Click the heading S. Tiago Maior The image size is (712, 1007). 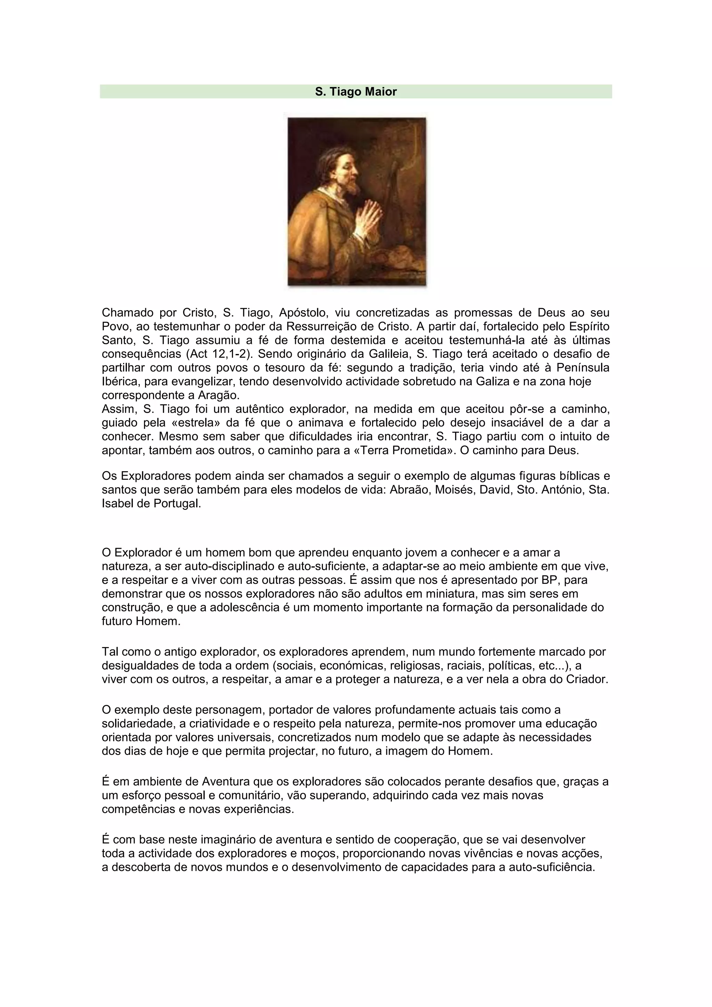coord(356,92)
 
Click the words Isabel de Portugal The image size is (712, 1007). coord(151,503)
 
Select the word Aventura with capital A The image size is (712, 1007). coord(225,782)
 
